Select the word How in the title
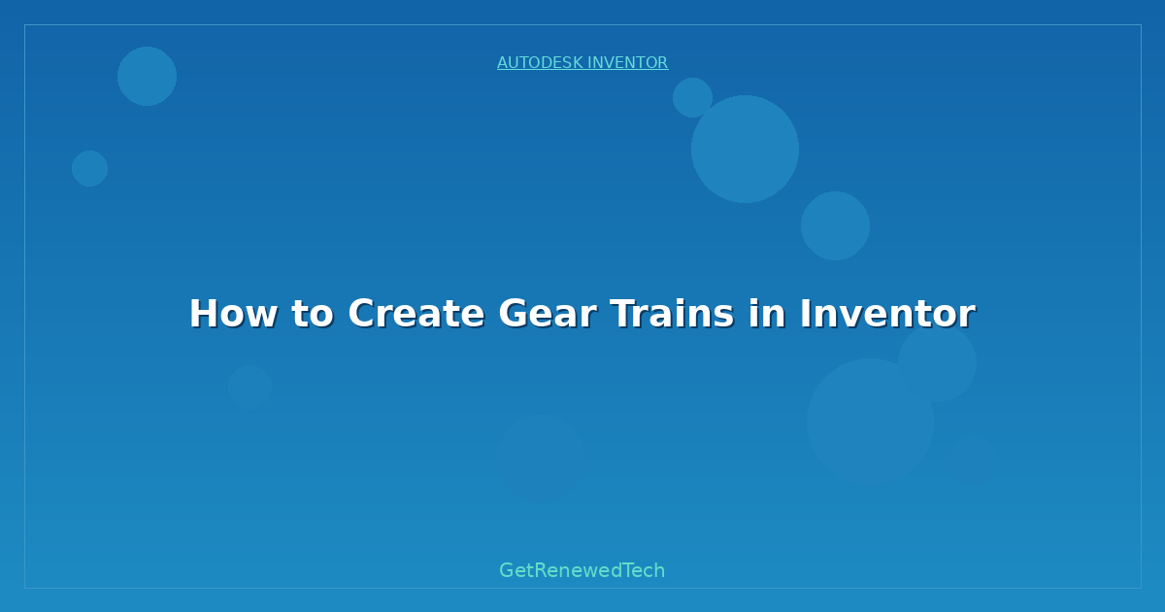click(233, 313)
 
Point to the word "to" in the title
click(312, 313)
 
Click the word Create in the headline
click(416, 313)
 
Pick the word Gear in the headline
click(548, 313)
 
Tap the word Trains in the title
click(672, 313)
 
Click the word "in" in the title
click(767, 313)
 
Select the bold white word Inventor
click(887, 313)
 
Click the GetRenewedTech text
click(582, 570)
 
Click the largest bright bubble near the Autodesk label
click(745, 150)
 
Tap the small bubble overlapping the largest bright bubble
click(691, 97)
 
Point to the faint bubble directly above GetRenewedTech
click(542, 459)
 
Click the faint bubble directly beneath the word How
click(250, 387)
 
